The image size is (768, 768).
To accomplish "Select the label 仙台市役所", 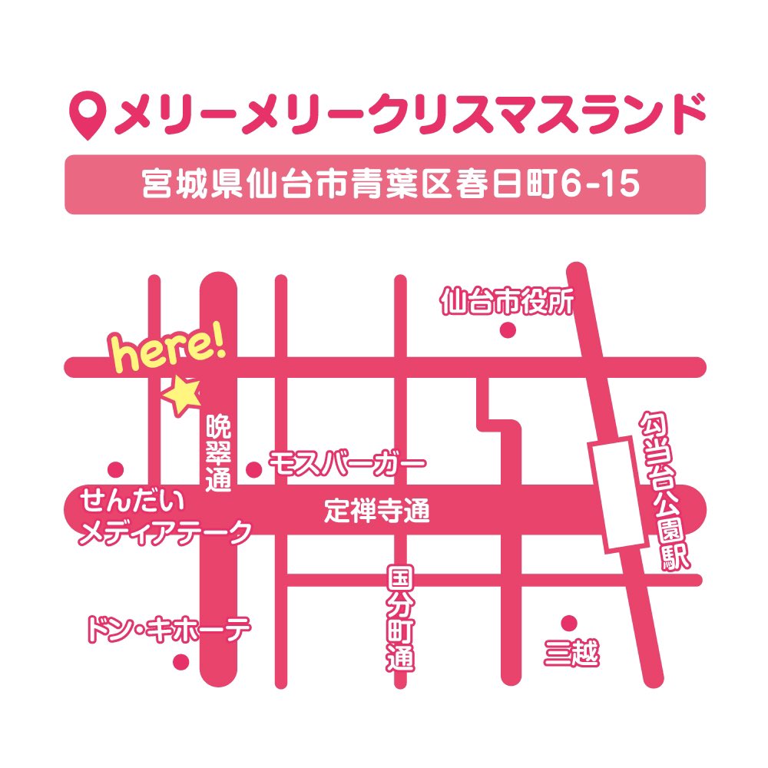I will tap(507, 302).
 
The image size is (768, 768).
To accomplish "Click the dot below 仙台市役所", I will tap(507, 330).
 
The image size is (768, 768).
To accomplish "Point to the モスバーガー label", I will tap(346, 465).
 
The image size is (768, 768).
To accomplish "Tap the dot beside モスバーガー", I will tap(253, 468).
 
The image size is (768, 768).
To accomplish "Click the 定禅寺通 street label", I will tap(376, 511).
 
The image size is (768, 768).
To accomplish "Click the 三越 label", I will tap(571, 654).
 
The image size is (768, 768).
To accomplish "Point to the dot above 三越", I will tap(569, 622).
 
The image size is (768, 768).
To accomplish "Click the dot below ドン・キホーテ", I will tap(181, 661).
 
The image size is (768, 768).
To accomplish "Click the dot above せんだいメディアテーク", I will tap(116, 468).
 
